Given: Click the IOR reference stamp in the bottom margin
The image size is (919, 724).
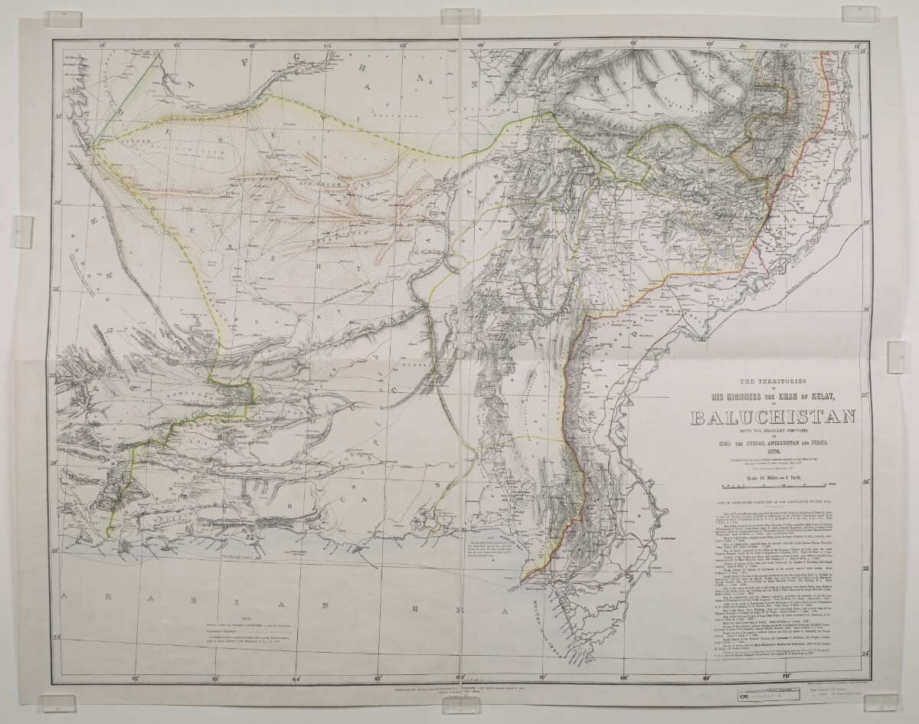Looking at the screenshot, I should [758, 699].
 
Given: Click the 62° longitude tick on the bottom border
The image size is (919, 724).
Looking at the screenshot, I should [135, 676].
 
